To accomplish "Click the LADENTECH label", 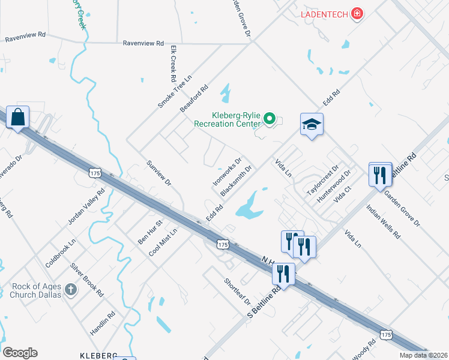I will point(324,13).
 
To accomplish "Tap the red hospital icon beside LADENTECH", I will point(358,13).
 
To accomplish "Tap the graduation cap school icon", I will point(312,124).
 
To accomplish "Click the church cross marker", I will point(71,290).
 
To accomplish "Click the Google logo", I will point(20,353).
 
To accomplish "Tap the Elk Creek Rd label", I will point(172,64).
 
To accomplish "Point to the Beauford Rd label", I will point(194,98).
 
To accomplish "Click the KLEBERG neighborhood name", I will point(98,356).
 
